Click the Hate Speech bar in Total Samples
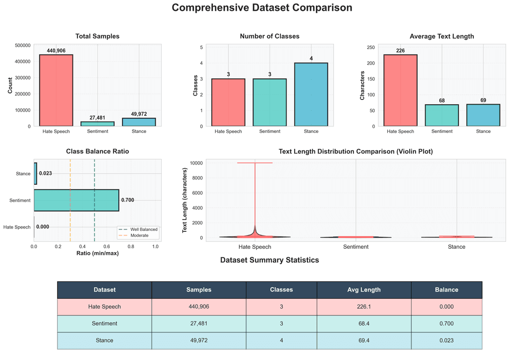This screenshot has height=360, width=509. coord(56,90)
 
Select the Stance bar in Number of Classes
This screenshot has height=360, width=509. coord(311,94)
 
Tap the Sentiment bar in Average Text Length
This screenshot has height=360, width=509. coord(442,115)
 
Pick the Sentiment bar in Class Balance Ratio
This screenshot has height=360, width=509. coord(76,200)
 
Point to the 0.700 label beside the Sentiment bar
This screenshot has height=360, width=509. coord(128,200)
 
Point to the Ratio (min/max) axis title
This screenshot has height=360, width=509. coord(97,254)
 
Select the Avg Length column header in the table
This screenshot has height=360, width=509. coord(363,290)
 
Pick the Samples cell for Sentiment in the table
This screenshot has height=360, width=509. coord(198,324)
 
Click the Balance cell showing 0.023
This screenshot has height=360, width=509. coord(446,340)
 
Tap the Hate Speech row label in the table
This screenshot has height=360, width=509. coord(104,307)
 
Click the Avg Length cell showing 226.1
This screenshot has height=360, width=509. coord(363,307)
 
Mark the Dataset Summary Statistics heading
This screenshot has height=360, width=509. coord(269,260)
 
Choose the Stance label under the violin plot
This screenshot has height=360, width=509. coord(456,247)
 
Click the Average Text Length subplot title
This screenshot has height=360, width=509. coord(442,36)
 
